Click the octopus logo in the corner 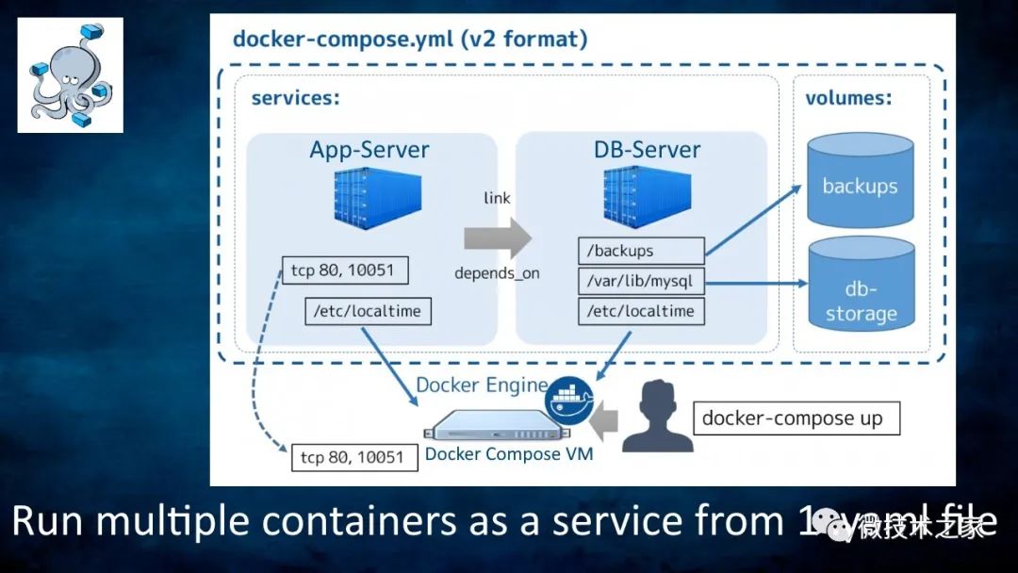(70, 74)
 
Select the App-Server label (369, 150)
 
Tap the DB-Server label (647, 150)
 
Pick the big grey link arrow (498, 236)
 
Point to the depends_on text (497, 273)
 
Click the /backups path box (641, 251)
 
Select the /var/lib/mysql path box (641, 281)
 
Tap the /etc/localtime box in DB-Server (641, 311)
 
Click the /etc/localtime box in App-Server (368, 311)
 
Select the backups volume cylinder (860, 184)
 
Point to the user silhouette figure (657, 417)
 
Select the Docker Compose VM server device (495, 428)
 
